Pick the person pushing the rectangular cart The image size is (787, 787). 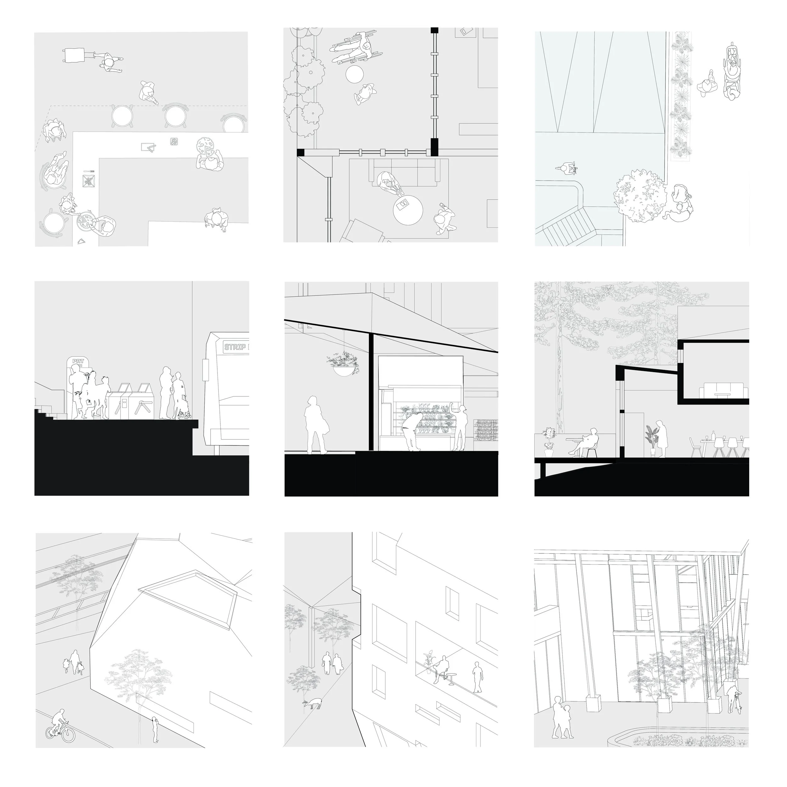pos(109,63)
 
